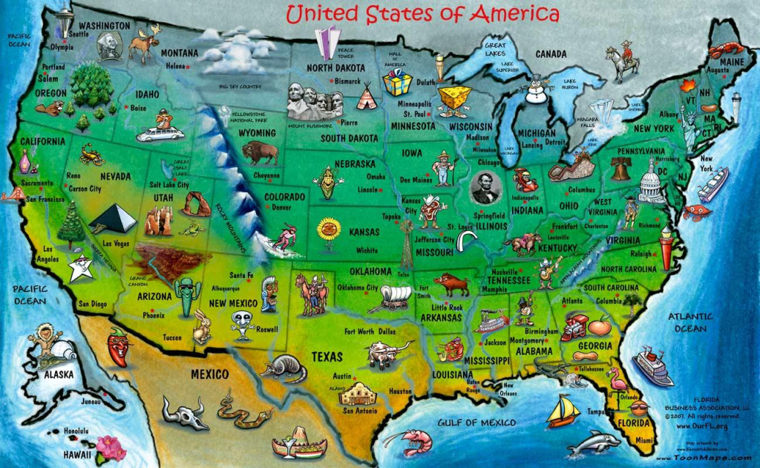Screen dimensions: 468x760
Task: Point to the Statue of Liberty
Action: click(x=688, y=119)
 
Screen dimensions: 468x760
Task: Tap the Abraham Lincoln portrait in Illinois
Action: click(x=486, y=189)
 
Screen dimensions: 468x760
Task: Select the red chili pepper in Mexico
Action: click(x=117, y=347)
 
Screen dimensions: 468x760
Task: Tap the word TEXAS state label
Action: click(x=327, y=357)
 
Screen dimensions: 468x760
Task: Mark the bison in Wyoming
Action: click(x=260, y=154)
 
